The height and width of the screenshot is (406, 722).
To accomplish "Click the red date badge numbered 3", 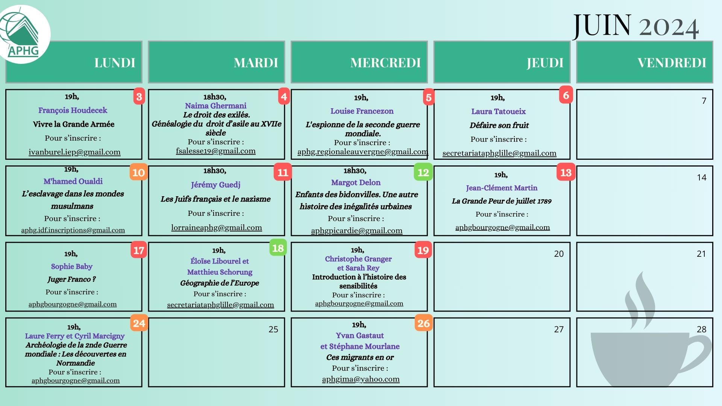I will [139, 97].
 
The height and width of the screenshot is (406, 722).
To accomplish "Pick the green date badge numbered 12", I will [423, 172].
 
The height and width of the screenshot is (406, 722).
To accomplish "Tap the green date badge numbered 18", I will [278, 248].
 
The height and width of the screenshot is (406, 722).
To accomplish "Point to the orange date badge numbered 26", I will [423, 323].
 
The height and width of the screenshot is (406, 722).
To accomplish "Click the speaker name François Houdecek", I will [73, 110].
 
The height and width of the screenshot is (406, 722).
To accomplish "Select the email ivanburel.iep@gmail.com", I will [74, 152].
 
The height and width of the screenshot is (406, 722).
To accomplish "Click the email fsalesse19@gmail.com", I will [215, 151].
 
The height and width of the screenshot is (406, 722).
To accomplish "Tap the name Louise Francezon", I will [362, 111].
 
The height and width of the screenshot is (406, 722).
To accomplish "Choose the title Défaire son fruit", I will [499, 125].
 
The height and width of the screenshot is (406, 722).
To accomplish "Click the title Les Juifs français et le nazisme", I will [215, 199].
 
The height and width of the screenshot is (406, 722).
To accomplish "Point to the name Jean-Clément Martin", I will [501, 188].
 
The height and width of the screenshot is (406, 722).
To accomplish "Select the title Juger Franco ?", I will [71, 279].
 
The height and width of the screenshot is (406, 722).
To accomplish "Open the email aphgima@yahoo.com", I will [361, 379].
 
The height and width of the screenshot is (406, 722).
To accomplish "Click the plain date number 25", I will [273, 329].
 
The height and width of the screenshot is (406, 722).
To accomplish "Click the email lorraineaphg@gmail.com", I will [216, 227].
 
